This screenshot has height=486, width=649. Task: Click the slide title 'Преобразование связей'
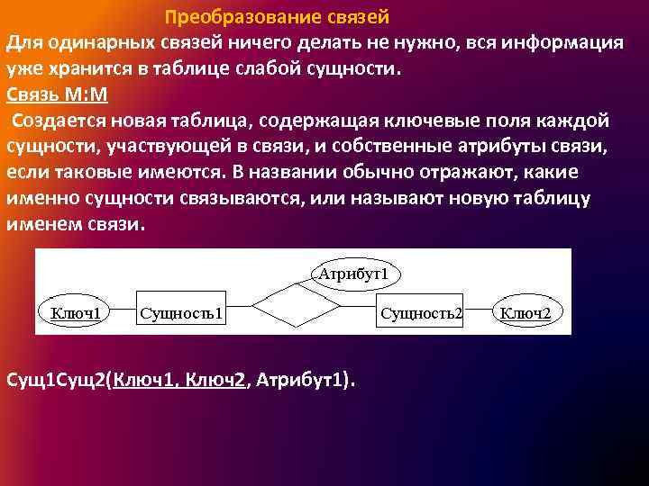[x=278, y=18]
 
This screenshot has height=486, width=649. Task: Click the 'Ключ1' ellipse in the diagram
[x=75, y=312]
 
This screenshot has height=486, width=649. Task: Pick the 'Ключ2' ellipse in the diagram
[x=531, y=312]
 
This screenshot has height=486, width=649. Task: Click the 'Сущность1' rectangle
[x=180, y=312]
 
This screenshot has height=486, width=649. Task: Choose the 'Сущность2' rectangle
[x=421, y=312]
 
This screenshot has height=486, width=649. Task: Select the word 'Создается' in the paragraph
[x=56, y=121]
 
